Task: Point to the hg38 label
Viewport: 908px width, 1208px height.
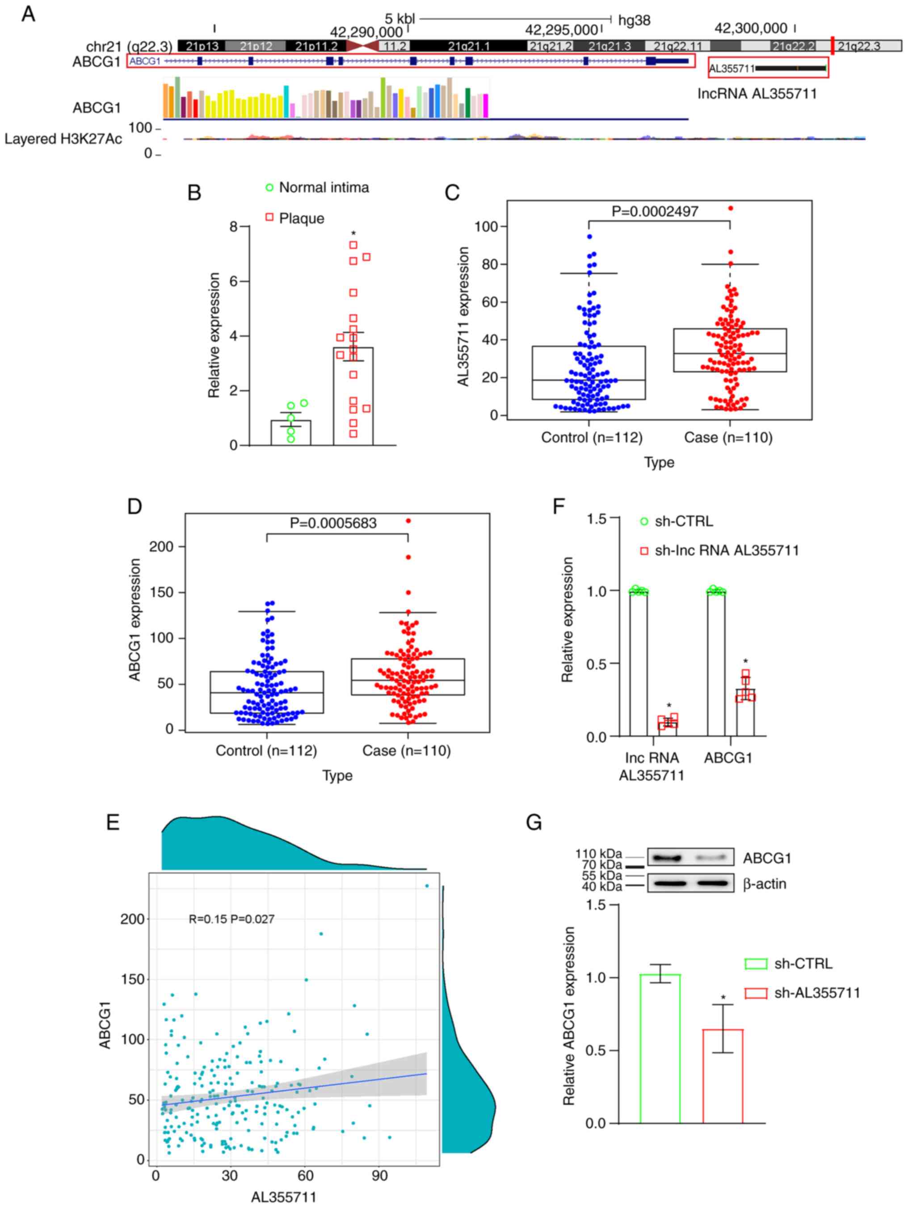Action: coord(634,21)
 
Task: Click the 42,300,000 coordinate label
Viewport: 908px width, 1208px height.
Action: coord(751,29)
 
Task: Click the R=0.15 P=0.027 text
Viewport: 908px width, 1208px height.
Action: coord(231,919)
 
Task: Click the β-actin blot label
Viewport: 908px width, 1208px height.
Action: coord(764,884)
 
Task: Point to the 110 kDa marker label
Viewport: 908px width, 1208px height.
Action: coord(598,853)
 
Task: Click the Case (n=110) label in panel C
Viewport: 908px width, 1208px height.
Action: coord(728,438)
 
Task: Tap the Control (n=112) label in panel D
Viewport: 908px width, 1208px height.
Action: coord(266,751)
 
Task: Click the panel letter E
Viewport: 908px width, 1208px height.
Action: coord(113,823)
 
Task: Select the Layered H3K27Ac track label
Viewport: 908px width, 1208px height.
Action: coord(63,139)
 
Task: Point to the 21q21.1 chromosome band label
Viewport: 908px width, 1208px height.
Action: coord(469,46)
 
